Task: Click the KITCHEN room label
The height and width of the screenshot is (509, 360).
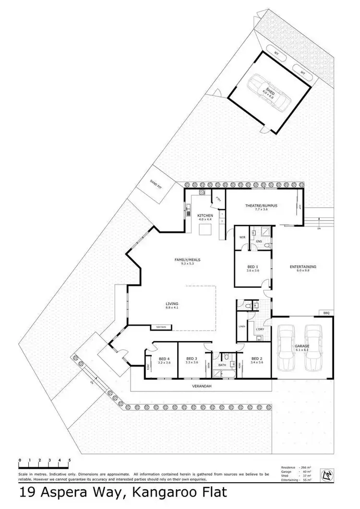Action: click(x=205, y=216)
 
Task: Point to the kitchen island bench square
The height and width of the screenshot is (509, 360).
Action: click(x=205, y=230)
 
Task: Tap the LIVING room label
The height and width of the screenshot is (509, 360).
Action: click(x=172, y=304)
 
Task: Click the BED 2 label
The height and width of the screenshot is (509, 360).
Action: click(x=257, y=358)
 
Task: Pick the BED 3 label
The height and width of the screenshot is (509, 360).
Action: click(x=192, y=358)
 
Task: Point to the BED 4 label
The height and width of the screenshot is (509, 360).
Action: click(x=164, y=358)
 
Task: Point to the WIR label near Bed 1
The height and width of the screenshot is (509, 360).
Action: click(x=242, y=237)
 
